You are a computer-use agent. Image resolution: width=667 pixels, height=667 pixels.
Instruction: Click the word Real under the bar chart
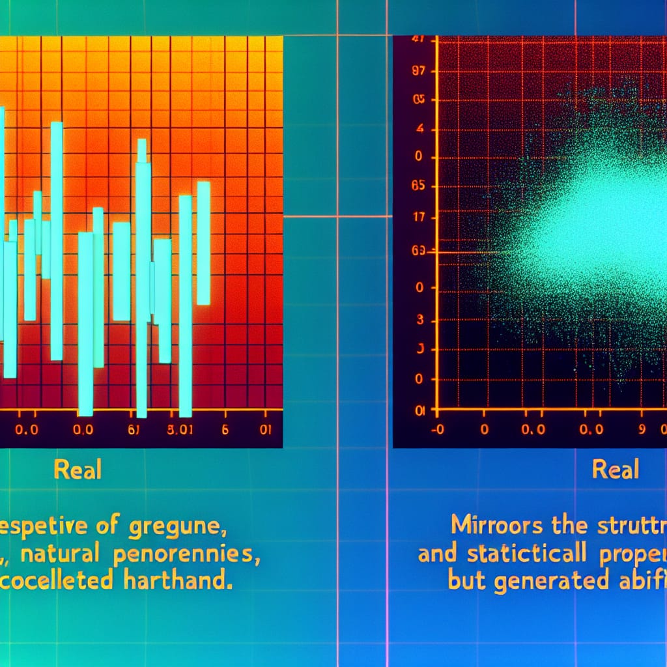point(78,470)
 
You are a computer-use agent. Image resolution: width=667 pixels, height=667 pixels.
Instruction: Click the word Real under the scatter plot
point(616,469)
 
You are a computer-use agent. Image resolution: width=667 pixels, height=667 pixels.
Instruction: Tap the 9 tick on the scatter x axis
point(640,430)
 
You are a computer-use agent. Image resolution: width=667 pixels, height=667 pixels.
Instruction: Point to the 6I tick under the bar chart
point(134,430)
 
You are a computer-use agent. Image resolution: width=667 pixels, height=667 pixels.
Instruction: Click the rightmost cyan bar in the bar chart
point(204,243)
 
